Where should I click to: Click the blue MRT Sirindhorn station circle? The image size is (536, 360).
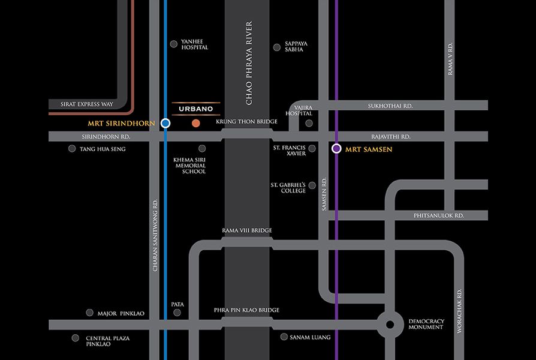(165, 123)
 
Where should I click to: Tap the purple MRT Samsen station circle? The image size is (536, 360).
(336, 148)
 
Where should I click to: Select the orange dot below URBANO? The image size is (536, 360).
(195, 124)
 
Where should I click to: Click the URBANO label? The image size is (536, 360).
(196, 109)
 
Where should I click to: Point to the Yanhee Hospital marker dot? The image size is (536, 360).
(174, 43)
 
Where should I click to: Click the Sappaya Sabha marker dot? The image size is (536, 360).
(276, 47)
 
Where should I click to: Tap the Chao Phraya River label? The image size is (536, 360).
(249, 64)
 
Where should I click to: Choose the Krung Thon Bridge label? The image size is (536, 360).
(246, 122)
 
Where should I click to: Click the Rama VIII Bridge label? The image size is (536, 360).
(247, 230)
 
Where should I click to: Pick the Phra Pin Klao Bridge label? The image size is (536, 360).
(246, 310)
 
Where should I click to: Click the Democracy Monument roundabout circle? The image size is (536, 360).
(390, 325)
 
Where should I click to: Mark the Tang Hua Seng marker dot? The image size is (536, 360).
(72, 148)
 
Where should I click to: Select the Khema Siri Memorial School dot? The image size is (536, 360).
(202, 148)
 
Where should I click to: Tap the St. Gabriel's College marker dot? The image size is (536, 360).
(312, 185)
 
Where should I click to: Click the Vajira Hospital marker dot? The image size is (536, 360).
(309, 123)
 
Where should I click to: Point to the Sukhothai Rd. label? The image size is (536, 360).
(390, 106)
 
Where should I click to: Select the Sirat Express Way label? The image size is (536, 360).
(87, 104)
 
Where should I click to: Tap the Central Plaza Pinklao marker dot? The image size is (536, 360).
(76, 338)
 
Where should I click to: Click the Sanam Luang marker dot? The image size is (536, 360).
(284, 337)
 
